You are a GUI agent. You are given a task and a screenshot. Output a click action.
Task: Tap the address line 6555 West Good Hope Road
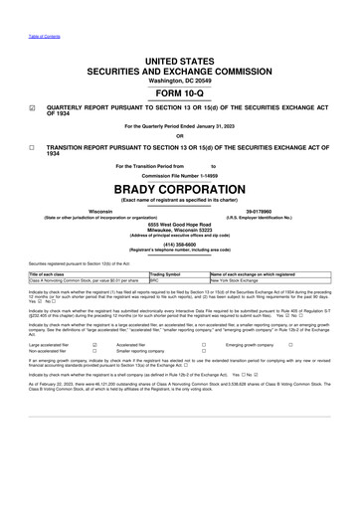point(180,253)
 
